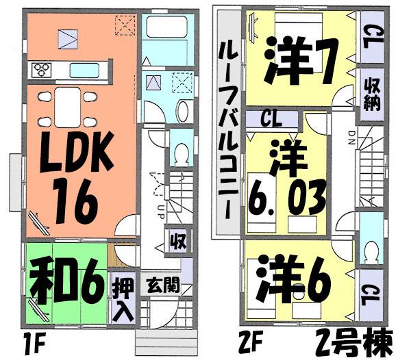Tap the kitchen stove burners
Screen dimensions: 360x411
42,68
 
